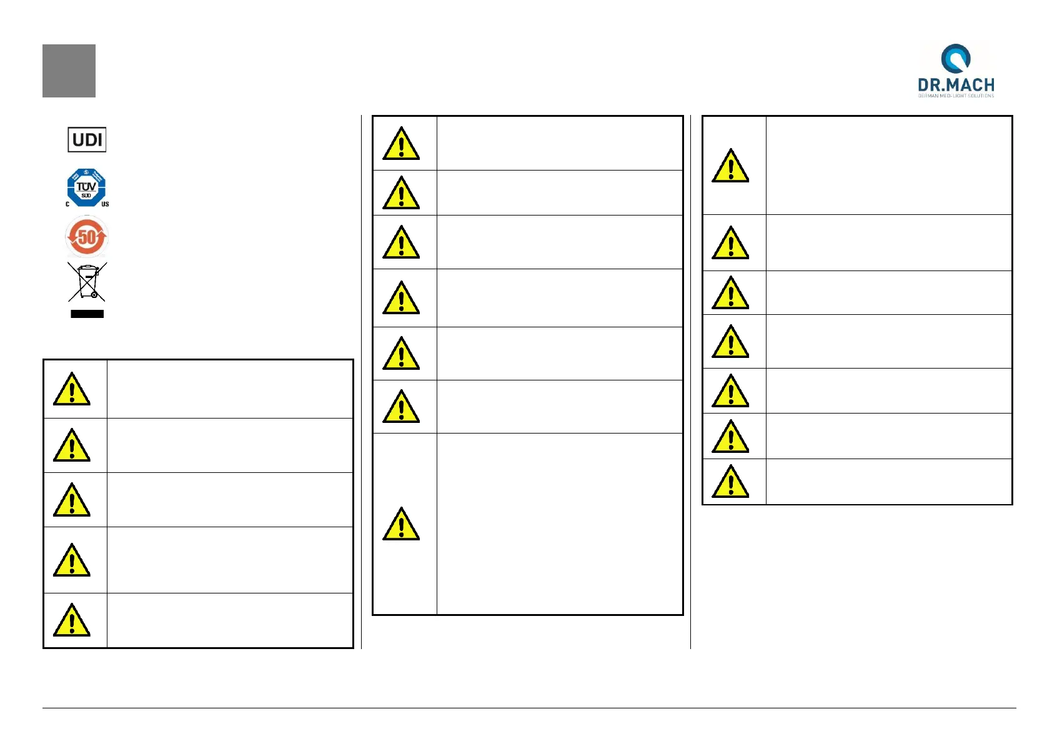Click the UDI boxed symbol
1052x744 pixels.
[87, 139]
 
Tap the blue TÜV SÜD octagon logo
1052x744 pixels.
[86, 187]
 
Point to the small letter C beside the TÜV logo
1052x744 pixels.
[67, 204]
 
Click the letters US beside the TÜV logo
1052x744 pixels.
[105, 204]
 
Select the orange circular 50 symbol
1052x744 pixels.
[87, 237]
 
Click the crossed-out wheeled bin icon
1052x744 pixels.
[87, 282]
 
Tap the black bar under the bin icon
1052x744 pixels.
[87, 314]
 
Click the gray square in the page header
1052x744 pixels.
[69, 71]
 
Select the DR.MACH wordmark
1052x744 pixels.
[956, 85]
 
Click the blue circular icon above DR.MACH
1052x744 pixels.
[955, 58]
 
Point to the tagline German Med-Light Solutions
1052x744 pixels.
[956, 96]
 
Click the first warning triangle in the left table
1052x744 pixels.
[72, 390]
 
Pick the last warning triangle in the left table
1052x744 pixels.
[72, 620]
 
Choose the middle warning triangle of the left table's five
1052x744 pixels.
[72, 500]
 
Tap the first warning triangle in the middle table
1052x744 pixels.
[401, 144]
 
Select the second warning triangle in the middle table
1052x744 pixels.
[401, 193]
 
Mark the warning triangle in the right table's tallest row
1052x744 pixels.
[730, 166]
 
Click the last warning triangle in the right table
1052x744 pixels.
[730, 482]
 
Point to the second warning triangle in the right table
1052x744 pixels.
[730, 243]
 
